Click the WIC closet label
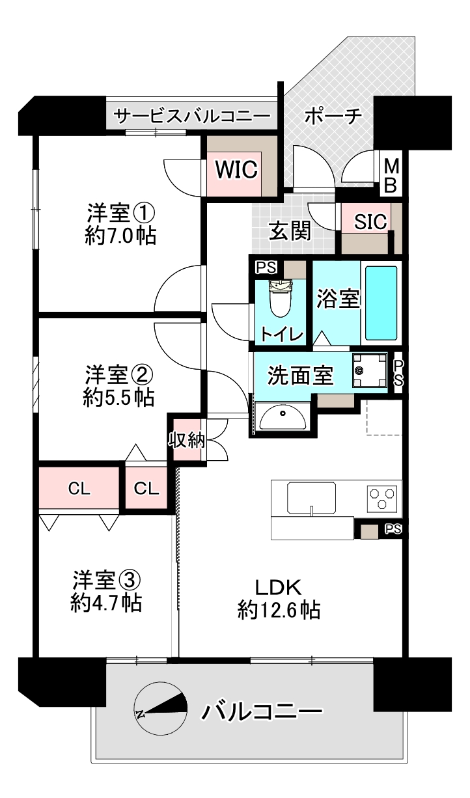point(236,169)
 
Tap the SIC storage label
point(370,221)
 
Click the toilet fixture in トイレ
point(281,298)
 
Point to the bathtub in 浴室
point(381,303)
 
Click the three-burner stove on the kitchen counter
point(382,498)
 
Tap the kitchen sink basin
point(311,499)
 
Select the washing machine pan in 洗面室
point(370,370)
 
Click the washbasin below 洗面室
point(283,417)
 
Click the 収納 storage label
point(187,441)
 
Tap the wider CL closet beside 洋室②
point(79,488)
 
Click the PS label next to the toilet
point(266,268)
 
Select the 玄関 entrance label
point(290,230)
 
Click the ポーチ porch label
point(333,116)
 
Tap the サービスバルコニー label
point(193,116)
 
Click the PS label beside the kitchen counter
point(393,529)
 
